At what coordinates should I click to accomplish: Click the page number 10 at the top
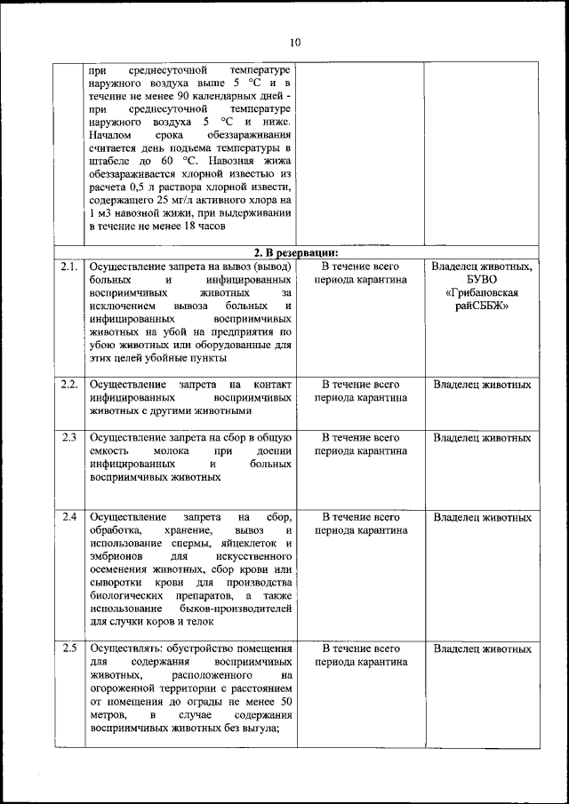tap(294, 41)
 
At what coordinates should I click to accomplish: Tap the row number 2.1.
tap(69, 266)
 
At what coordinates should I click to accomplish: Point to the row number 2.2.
tap(69, 385)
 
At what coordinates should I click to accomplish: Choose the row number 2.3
tap(69, 437)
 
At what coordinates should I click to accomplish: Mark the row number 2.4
tap(69, 516)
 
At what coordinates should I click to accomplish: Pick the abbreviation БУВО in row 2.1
tap(481, 279)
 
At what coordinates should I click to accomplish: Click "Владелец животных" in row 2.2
tap(481, 385)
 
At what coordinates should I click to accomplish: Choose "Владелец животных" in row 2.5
tap(481, 649)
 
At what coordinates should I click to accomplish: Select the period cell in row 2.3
tap(360, 444)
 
